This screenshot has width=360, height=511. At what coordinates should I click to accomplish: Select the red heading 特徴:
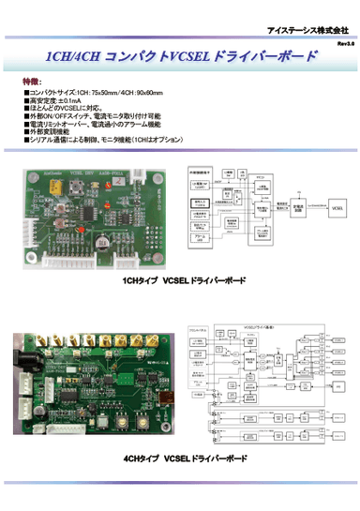click(31, 83)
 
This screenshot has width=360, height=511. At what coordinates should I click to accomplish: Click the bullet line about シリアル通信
click(103, 139)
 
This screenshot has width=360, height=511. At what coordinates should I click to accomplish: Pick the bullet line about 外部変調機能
click(56, 131)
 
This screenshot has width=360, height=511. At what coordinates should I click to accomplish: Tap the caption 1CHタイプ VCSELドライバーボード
click(184, 281)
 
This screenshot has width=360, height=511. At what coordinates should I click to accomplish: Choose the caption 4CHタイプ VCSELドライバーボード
click(184, 459)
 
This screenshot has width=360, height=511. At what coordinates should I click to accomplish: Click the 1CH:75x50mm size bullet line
click(94, 94)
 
